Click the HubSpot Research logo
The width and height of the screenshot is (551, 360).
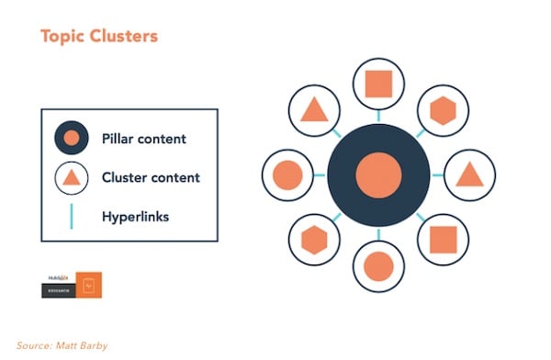71,285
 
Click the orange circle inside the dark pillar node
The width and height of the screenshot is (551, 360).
378,174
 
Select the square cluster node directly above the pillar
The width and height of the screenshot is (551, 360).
378,84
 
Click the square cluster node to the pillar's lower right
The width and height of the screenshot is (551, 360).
443,240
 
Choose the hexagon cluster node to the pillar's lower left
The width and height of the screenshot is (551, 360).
314,240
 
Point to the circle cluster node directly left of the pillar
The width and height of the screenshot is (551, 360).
287,174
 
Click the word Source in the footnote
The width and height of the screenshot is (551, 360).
34,345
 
